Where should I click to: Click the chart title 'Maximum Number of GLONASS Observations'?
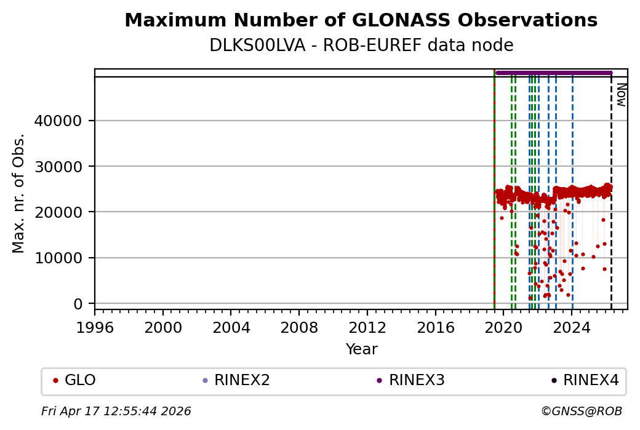point(361,21)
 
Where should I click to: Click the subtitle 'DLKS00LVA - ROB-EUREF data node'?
point(361,46)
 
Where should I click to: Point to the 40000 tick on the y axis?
point(59,121)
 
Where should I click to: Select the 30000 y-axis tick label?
point(59,166)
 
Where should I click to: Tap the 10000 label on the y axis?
point(59,258)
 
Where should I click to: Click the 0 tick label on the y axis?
point(78,304)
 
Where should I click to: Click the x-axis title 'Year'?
point(361,349)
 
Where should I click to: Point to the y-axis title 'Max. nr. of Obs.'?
point(19,193)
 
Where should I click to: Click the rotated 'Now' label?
point(622,95)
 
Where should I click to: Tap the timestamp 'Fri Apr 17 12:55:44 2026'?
point(116,411)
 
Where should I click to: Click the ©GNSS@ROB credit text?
point(582,411)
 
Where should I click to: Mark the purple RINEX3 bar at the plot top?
point(554,73)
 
